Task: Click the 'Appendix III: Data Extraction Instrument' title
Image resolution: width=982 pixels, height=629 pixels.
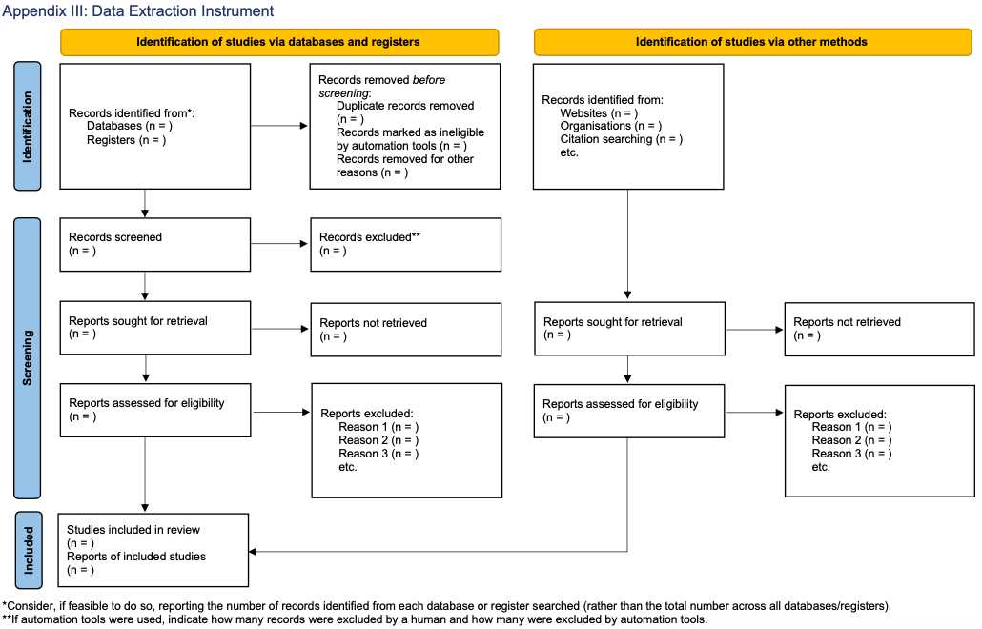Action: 138,11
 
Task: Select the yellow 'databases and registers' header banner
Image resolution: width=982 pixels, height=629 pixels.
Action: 279,42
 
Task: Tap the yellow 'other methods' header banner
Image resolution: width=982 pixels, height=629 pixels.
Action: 753,42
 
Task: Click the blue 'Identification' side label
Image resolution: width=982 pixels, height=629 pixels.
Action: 28,126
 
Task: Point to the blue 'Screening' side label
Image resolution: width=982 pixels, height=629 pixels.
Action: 28,357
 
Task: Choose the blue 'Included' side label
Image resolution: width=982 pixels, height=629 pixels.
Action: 29,550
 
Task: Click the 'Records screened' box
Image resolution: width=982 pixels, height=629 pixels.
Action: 155,245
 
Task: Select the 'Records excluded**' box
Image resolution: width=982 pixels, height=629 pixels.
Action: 406,245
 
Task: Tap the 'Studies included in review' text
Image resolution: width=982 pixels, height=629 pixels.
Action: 133,530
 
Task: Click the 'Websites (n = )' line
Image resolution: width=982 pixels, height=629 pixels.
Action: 599,113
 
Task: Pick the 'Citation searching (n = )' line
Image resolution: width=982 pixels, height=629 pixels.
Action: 622,139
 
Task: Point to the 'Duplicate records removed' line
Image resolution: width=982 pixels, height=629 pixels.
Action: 405,106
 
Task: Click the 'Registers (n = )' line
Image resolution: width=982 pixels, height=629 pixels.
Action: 127,140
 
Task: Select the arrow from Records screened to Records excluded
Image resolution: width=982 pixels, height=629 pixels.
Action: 279,243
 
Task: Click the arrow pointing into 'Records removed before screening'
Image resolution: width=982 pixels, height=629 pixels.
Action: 279,126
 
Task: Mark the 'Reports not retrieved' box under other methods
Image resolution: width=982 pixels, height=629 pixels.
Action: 880,329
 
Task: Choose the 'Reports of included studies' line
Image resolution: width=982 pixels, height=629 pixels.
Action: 136,557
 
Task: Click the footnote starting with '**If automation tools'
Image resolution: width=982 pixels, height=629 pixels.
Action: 355,619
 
